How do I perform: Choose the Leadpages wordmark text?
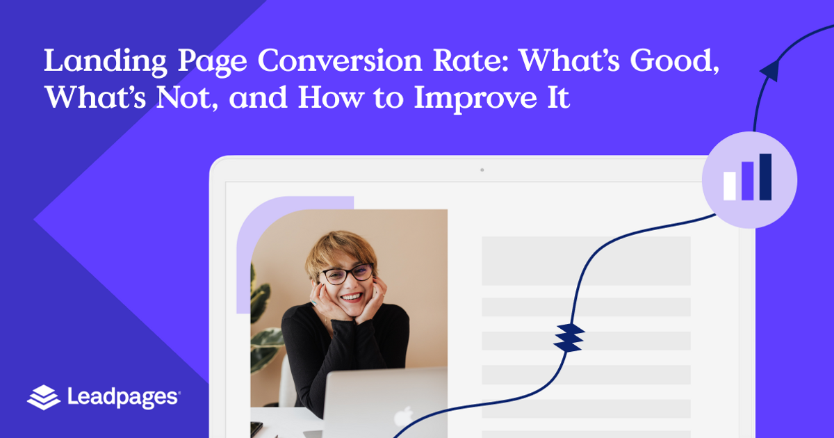pyautogui.click(x=124, y=398)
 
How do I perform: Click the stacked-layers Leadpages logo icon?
pyautogui.click(x=44, y=397)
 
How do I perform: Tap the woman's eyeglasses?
pyautogui.click(x=346, y=274)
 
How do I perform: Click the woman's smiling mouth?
pyautogui.click(x=352, y=297)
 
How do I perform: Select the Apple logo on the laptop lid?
pyautogui.click(x=402, y=418)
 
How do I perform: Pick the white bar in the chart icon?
pyautogui.click(x=730, y=186)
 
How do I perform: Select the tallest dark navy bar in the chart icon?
pyautogui.click(x=765, y=177)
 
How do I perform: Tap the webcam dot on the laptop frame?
pyautogui.click(x=482, y=170)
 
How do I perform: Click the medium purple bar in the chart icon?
pyautogui.click(x=748, y=181)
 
